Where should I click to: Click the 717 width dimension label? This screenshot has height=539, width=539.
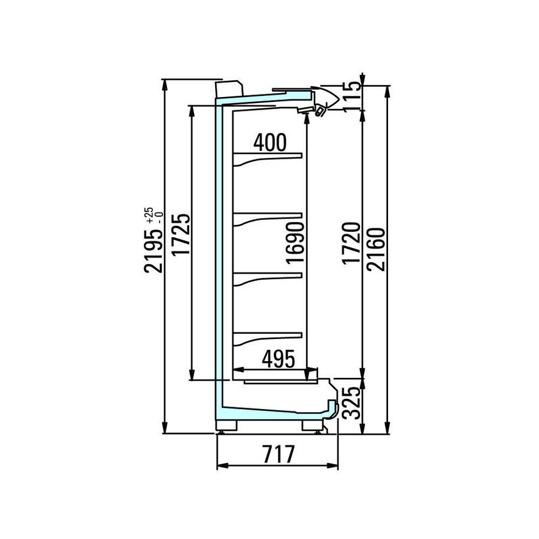278,454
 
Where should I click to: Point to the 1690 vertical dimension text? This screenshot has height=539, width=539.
295,243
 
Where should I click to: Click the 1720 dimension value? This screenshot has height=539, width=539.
352,243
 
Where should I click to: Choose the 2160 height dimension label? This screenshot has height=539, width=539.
376,250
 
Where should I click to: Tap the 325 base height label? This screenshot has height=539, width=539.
352,402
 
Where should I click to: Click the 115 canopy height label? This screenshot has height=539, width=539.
352,96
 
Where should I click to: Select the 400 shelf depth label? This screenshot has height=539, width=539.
270,143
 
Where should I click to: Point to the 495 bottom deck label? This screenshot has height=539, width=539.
278,359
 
